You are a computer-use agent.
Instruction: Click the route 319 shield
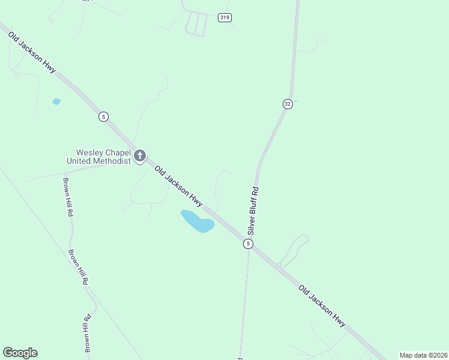224,18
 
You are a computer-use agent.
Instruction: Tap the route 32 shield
288,104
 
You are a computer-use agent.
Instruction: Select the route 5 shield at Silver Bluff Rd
248,244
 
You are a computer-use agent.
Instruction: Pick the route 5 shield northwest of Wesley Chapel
104,116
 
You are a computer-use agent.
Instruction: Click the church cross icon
139,157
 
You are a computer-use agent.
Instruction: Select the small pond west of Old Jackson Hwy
56,101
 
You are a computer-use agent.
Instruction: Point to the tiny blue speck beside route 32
296,101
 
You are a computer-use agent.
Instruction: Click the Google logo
20,353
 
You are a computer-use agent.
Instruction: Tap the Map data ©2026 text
423,355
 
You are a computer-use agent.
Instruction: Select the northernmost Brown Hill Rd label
68,196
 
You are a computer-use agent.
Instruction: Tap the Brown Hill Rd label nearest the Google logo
88,333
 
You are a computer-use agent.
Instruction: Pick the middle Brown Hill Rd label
79,267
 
